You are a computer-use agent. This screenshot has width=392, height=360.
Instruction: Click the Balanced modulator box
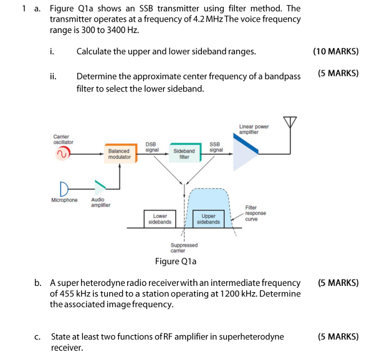point(119,154)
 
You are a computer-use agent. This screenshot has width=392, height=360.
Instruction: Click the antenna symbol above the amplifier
point(289,123)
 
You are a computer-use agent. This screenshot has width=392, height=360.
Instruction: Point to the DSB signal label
point(152,147)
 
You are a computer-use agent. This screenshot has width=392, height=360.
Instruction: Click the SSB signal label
point(216,147)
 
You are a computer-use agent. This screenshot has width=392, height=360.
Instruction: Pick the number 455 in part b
point(64,293)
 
